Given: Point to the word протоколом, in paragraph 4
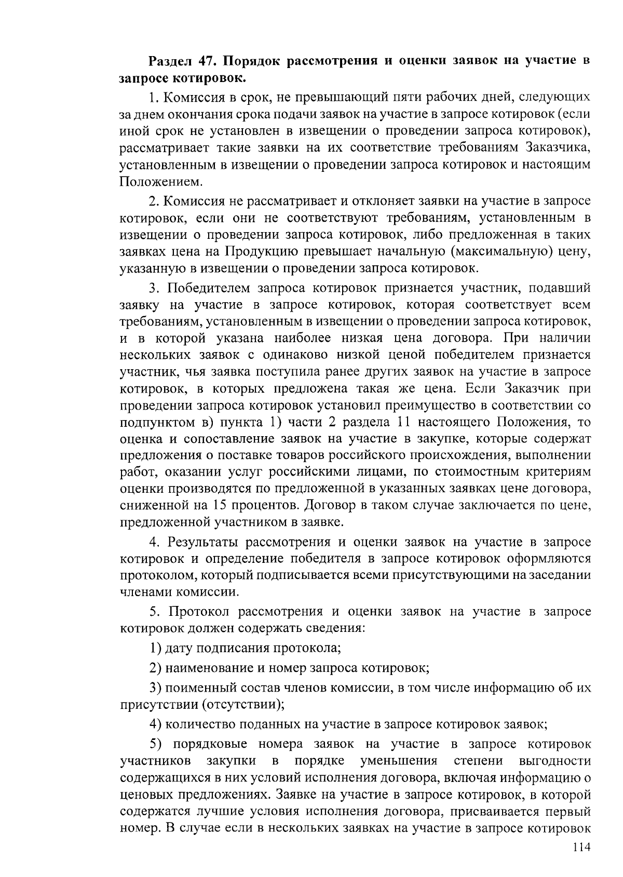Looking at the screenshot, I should coord(158,576).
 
